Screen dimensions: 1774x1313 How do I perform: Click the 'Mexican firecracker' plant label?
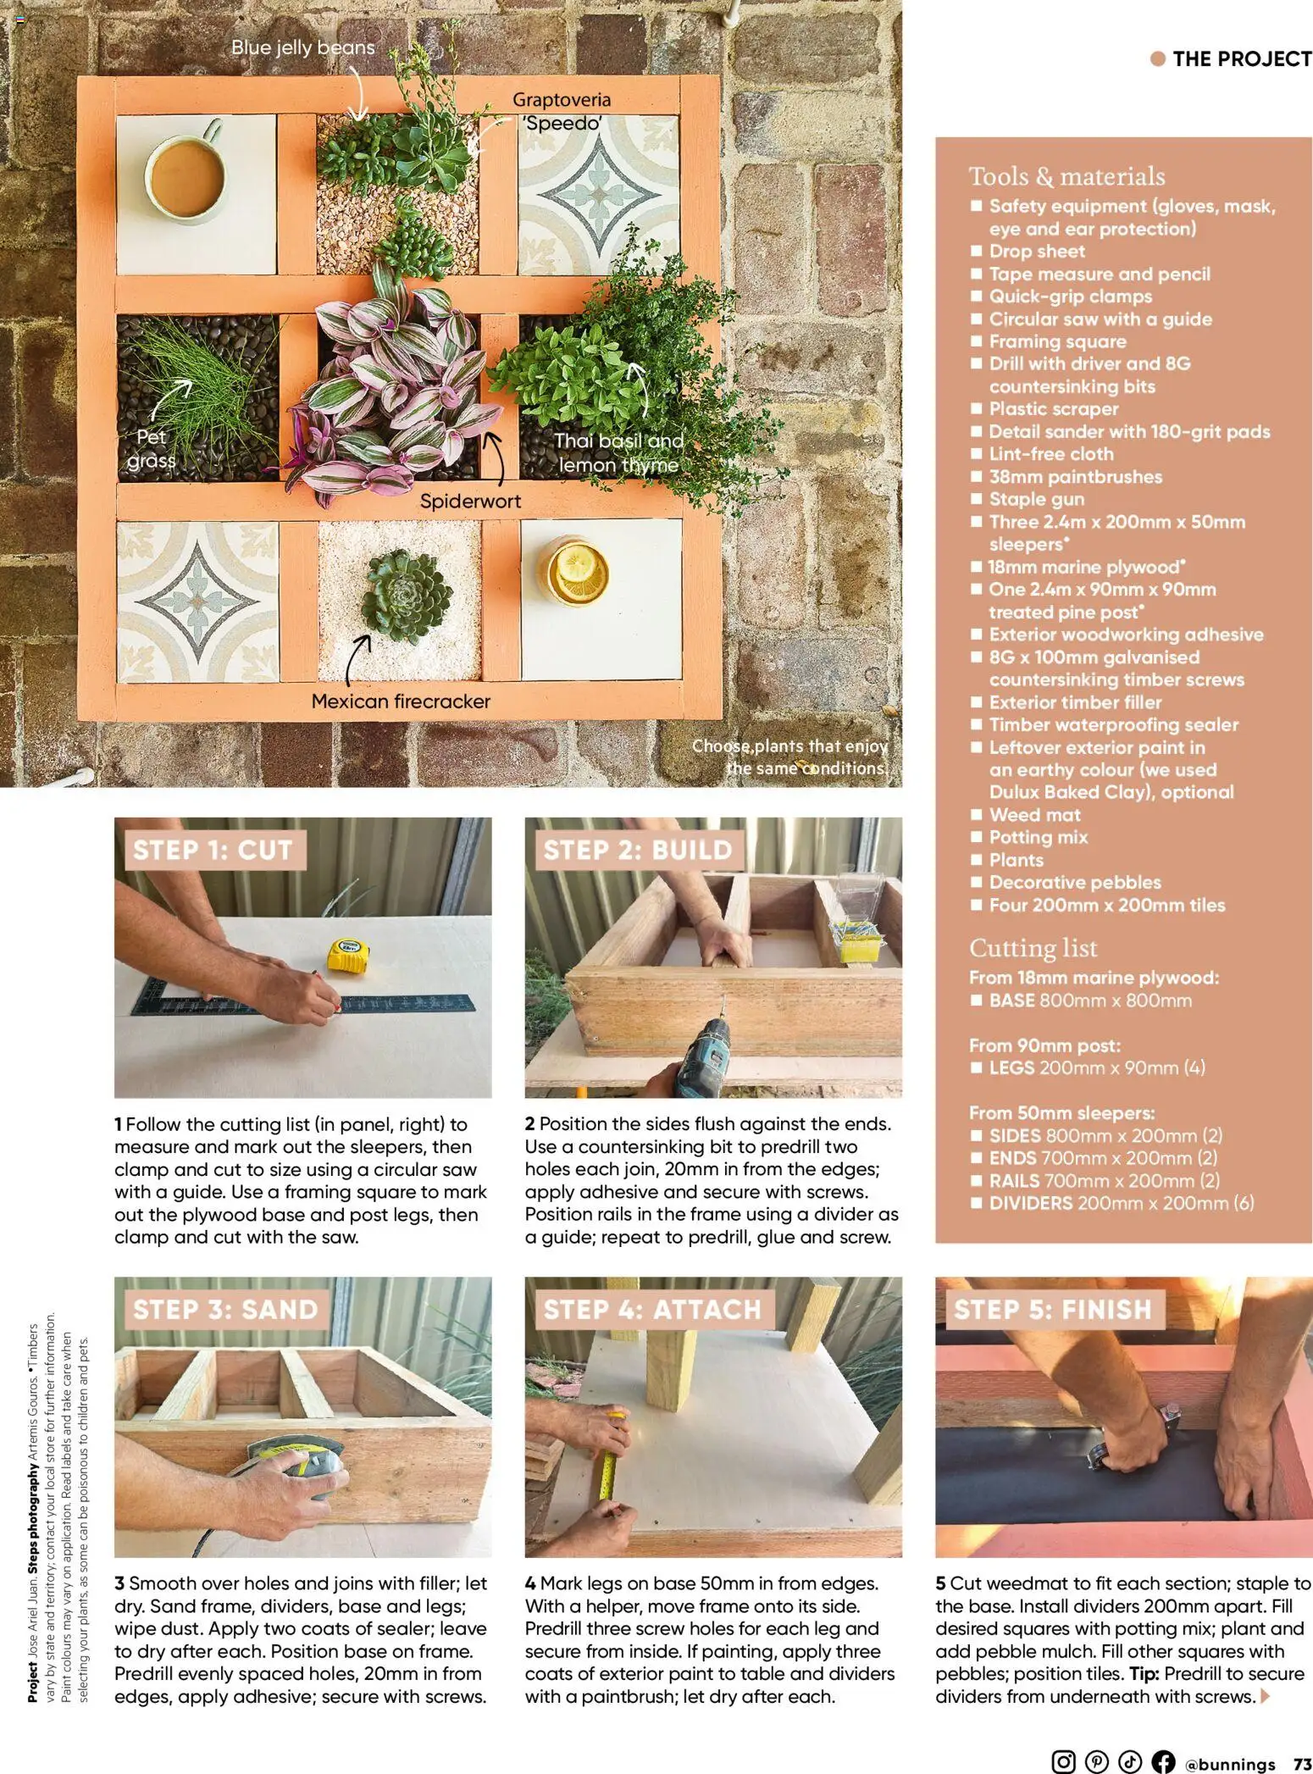coord(401,701)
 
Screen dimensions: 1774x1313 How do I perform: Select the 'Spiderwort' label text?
coord(470,502)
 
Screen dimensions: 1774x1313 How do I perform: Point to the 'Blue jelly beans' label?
coord(302,47)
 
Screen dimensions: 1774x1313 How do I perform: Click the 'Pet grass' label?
coord(151,449)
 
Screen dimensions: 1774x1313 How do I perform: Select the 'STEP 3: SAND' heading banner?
coord(225,1310)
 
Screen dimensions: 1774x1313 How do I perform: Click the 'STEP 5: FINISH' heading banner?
coord(1052,1310)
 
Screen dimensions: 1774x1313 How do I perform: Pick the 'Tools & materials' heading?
coord(1066,176)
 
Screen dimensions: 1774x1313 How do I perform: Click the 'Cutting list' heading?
coord(1033,948)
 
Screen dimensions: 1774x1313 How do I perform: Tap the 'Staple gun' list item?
coord(1036,500)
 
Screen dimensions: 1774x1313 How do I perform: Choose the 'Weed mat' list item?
coord(1034,815)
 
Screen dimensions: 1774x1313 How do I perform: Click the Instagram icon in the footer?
coord(1063,1761)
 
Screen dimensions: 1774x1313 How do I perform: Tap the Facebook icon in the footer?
coord(1163,1761)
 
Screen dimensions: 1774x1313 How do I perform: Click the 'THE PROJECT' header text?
coord(1241,59)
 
